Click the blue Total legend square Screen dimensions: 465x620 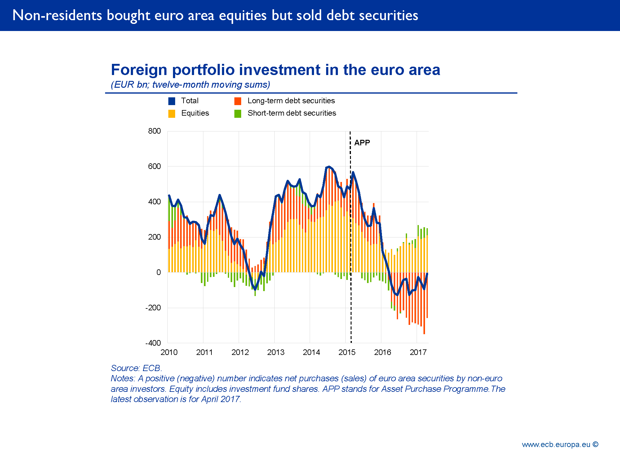click(172, 101)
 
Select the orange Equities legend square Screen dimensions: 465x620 click(172, 114)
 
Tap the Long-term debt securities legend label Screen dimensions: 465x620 click(291, 101)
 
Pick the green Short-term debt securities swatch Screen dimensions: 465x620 click(238, 114)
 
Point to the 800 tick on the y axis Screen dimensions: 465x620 click(154, 131)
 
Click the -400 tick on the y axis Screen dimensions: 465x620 click(153, 343)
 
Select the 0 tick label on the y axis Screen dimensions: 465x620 click(158, 272)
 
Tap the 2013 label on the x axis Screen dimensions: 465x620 click(276, 352)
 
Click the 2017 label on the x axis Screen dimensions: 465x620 click(418, 352)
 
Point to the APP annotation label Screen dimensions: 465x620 click(362, 143)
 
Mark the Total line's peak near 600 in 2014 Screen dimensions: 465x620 click(329, 167)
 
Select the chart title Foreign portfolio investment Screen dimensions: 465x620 click(275, 70)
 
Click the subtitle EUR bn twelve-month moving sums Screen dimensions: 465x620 click(190, 85)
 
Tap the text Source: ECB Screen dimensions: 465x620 click(136, 368)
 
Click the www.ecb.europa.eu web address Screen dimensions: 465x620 click(556, 445)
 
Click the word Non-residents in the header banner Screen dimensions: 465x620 click(57, 15)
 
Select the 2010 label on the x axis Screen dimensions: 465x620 click(169, 352)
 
